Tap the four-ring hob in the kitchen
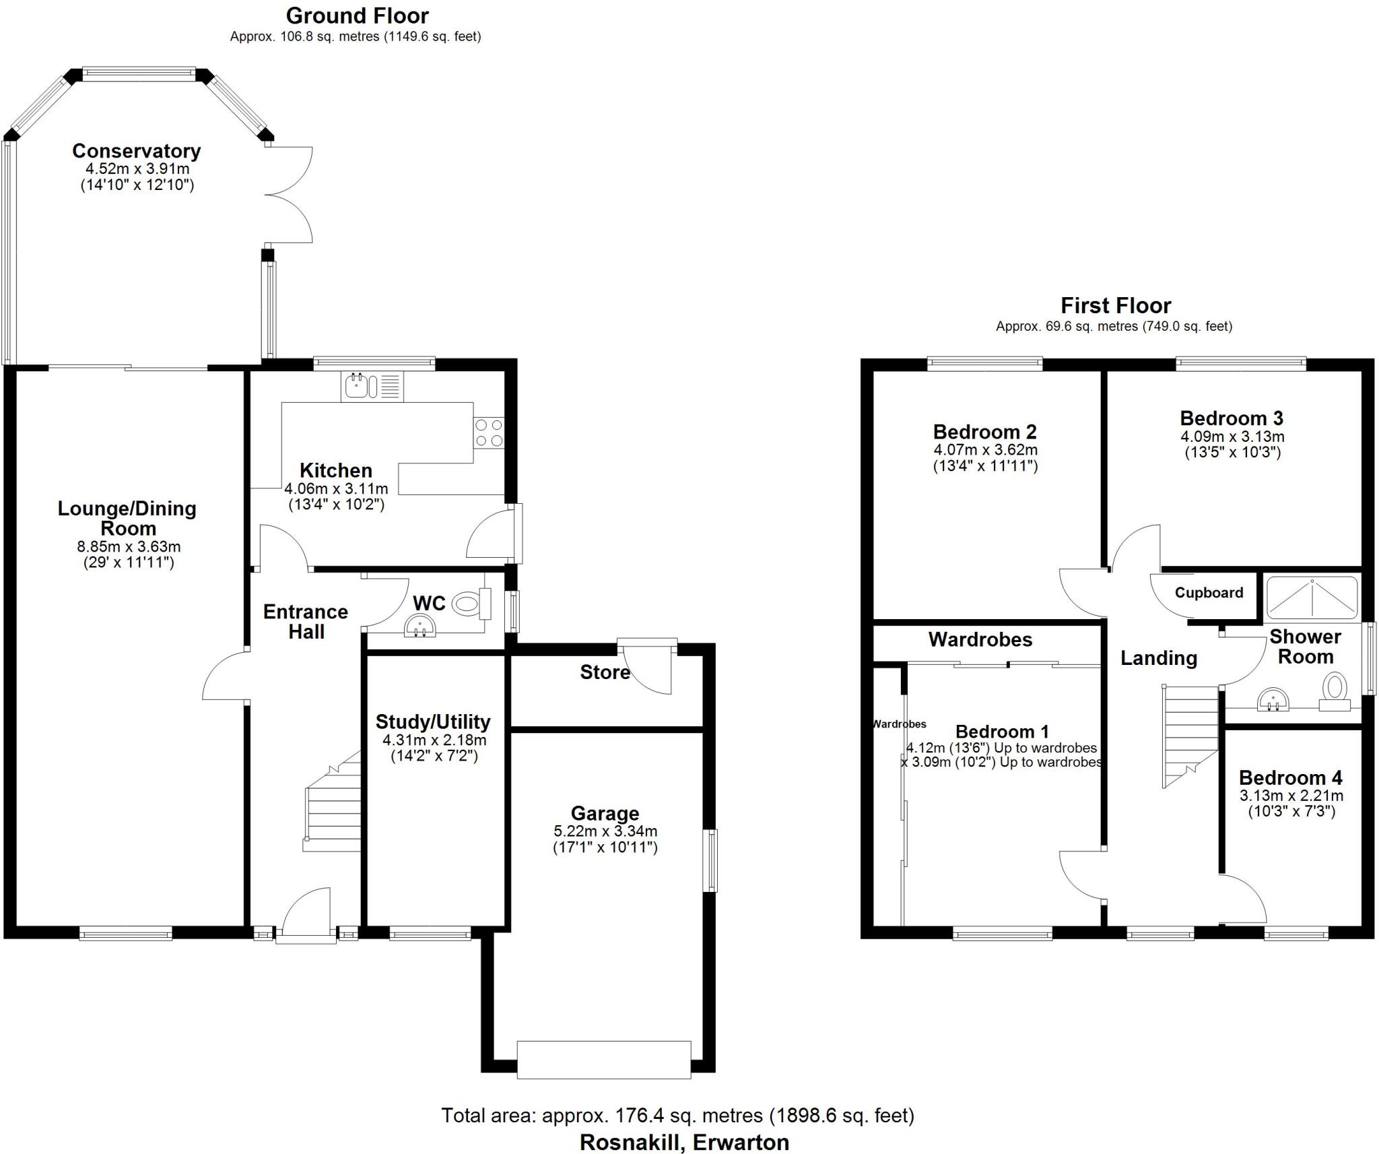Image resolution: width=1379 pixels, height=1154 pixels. (x=489, y=432)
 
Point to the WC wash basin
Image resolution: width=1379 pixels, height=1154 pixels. (x=420, y=627)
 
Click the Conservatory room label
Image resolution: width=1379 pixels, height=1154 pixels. (x=136, y=151)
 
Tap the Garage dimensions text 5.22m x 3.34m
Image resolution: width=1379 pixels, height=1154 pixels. (x=605, y=831)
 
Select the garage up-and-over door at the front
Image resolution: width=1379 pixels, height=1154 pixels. (x=604, y=1060)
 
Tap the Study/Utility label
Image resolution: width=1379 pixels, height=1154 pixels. (x=433, y=722)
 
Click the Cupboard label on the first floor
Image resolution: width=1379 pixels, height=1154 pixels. (x=1209, y=593)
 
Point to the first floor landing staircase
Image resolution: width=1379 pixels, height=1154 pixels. (x=1190, y=734)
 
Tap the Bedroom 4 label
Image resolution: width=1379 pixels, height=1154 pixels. (x=1290, y=777)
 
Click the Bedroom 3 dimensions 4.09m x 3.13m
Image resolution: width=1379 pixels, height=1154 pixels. (x=1232, y=436)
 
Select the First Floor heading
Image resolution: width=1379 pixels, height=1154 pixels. (x=1116, y=306)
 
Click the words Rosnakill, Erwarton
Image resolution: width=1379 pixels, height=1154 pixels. (x=684, y=1142)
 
